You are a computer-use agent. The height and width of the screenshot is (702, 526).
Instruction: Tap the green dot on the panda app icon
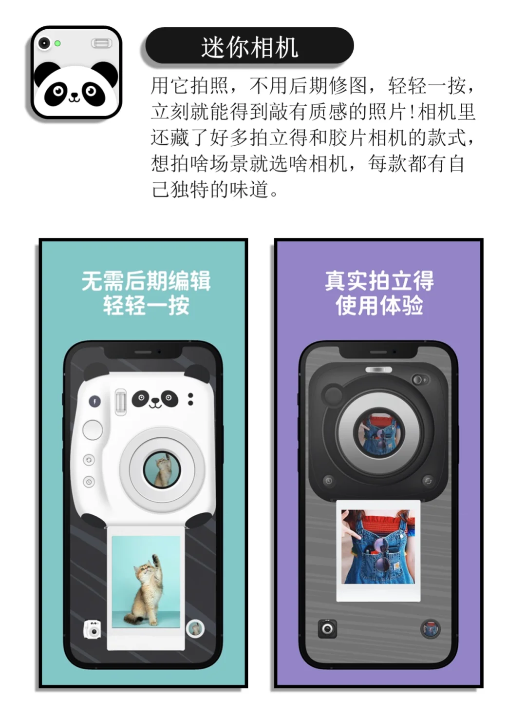(x=57, y=43)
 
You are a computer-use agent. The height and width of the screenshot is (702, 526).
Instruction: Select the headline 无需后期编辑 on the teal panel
(x=146, y=281)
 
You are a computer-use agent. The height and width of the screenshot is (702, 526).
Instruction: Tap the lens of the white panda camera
(x=161, y=470)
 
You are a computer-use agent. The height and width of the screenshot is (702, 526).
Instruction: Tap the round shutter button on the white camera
(x=93, y=429)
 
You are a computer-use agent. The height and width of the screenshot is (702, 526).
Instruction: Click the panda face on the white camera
(x=155, y=399)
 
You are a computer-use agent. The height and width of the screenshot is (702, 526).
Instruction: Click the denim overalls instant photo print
(x=378, y=550)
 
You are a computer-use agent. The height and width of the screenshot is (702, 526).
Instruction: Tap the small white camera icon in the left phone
(x=93, y=629)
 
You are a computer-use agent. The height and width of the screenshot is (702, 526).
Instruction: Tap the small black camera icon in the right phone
(x=327, y=628)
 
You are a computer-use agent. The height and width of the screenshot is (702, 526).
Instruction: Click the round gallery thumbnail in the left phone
(x=195, y=629)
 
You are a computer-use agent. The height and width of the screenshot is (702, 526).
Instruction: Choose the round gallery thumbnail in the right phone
(x=430, y=629)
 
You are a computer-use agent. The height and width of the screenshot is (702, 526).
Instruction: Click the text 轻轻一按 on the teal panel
(x=146, y=306)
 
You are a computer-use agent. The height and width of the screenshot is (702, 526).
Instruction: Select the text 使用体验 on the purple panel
(x=379, y=306)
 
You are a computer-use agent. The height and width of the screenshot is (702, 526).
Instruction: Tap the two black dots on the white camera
(x=190, y=399)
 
